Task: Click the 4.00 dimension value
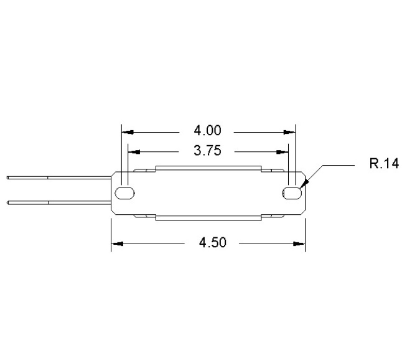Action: (x=208, y=131)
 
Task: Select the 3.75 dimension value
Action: (x=208, y=151)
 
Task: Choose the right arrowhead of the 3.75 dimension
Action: (x=283, y=151)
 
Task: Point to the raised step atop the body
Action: (x=208, y=169)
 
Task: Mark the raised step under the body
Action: (x=208, y=217)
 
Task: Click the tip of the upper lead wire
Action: (x=8, y=178)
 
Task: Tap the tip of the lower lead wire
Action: (x=8, y=202)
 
